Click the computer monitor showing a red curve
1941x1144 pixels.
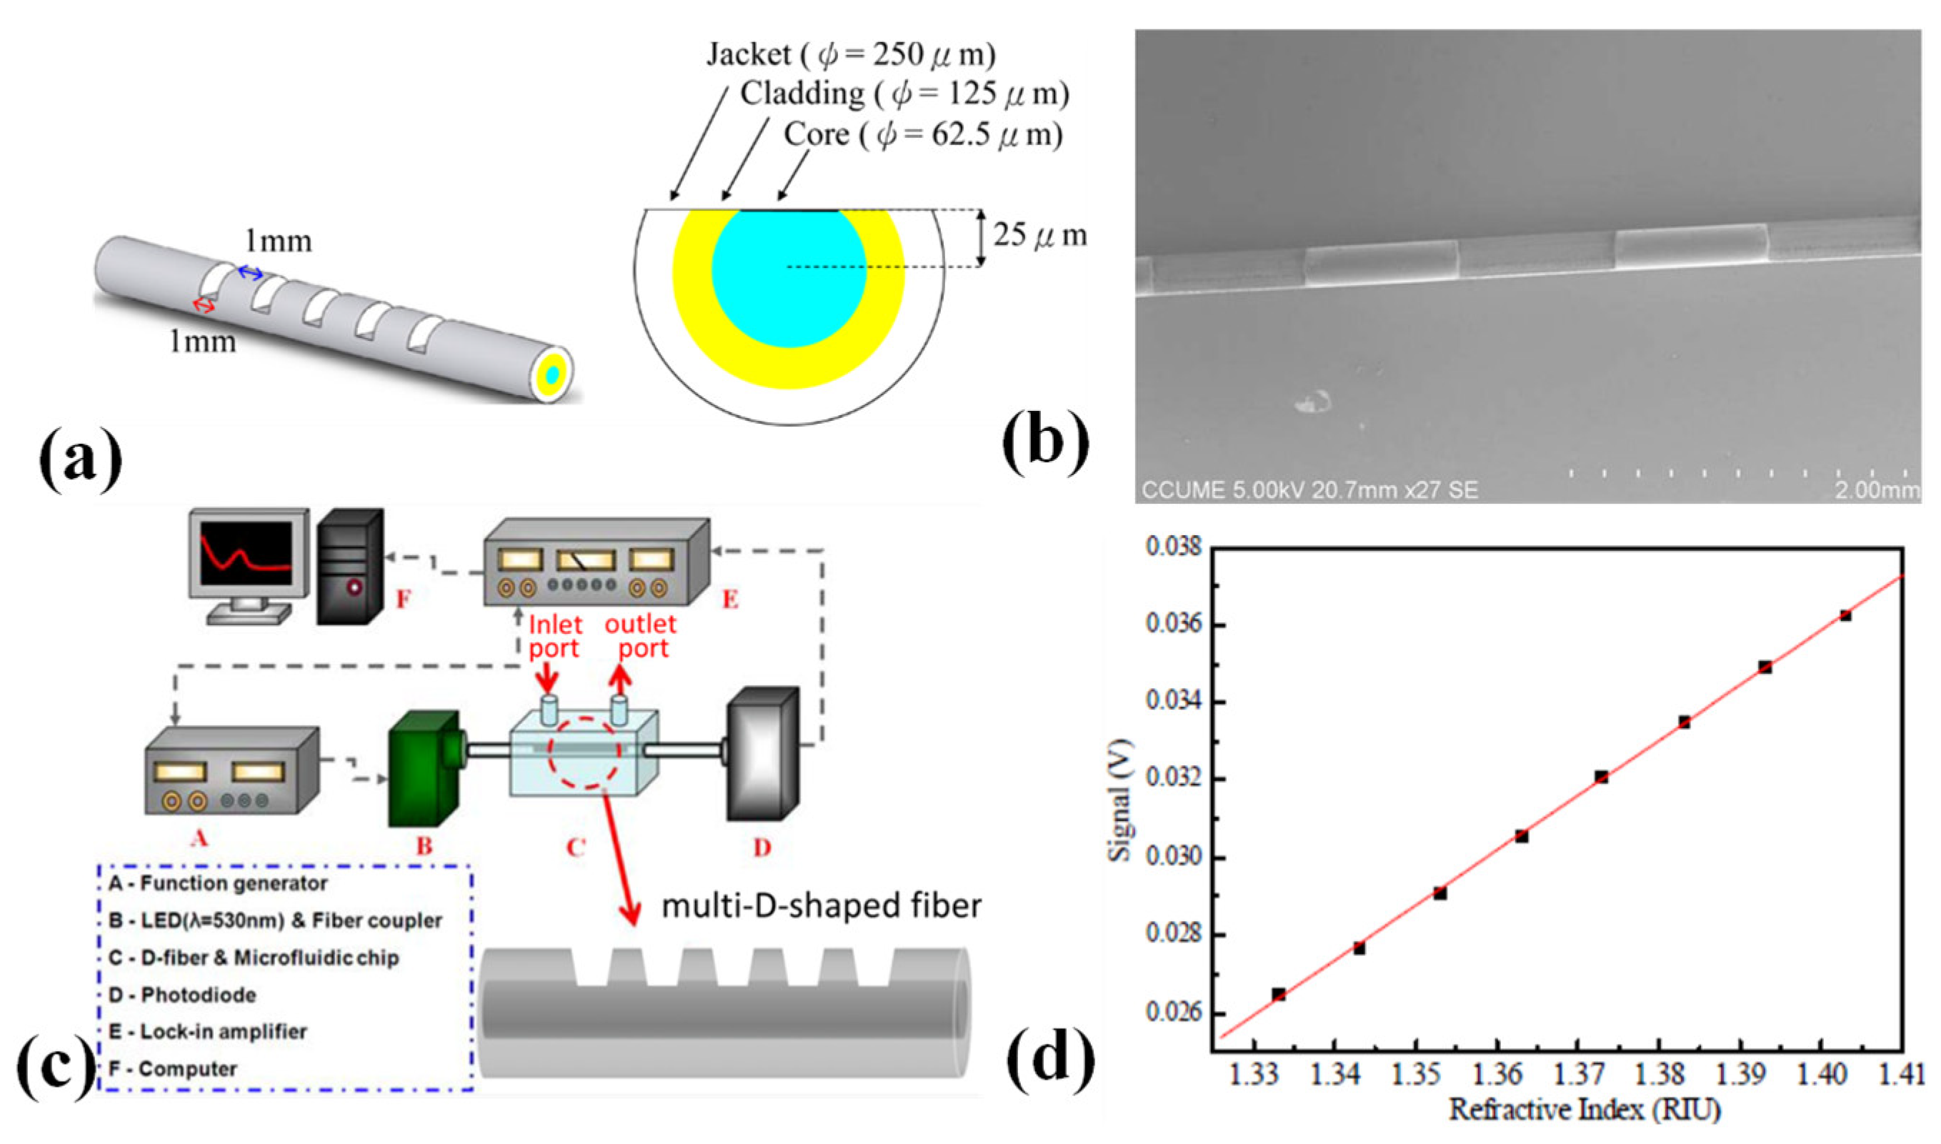pyautogui.click(x=247, y=553)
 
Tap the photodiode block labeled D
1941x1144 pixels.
pyautogui.click(x=762, y=755)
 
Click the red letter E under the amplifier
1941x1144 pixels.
pyautogui.click(x=729, y=599)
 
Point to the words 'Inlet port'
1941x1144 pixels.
pyautogui.click(x=555, y=636)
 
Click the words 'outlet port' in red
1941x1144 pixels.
pyautogui.click(x=640, y=636)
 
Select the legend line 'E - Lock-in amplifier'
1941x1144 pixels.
pyautogui.click(x=208, y=1031)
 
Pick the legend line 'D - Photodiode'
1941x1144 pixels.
pyautogui.click(x=183, y=995)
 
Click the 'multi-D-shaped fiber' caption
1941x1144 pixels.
pyautogui.click(x=822, y=906)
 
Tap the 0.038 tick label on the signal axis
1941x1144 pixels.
pyautogui.click(x=1173, y=547)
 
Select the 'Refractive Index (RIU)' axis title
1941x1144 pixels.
pyautogui.click(x=1585, y=1110)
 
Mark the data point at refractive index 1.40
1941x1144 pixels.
pyautogui.click(x=1845, y=615)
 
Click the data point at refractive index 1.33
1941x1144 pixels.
pyautogui.click(x=1278, y=995)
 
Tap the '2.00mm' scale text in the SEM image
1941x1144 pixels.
pyautogui.click(x=1876, y=490)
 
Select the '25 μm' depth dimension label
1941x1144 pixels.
pyautogui.click(x=1039, y=235)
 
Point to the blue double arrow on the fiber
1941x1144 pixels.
pyautogui.click(x=249, y=272)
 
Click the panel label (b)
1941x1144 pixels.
pyautogui.click(x=1045, y=442)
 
